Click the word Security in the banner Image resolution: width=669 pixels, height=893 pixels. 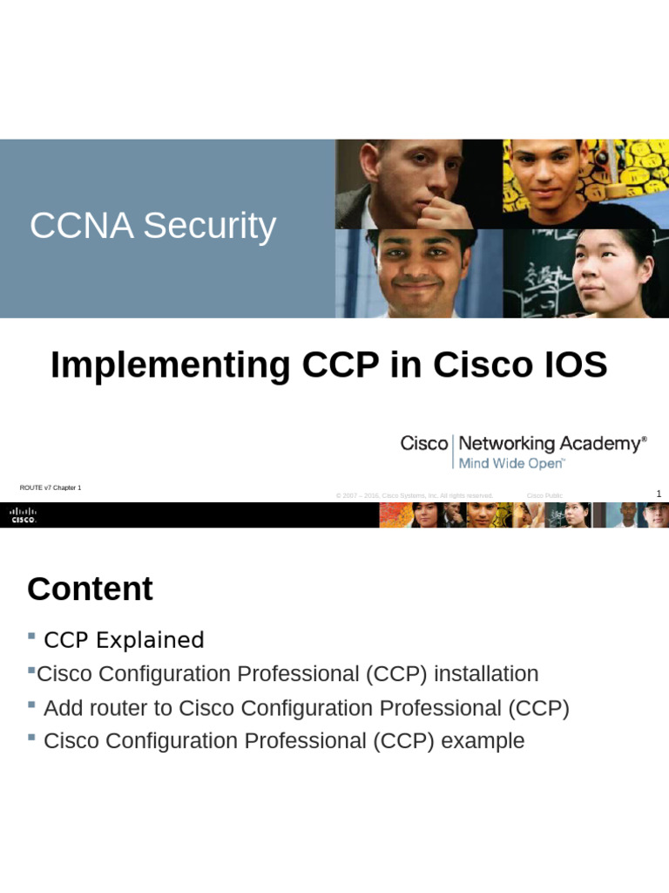pos(209,227)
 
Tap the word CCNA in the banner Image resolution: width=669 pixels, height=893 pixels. pos(82,227)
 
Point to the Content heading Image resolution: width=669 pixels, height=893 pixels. pos(90,590)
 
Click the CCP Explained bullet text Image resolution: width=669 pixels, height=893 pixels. pos(124,640)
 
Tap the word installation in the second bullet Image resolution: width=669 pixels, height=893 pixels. pos(486,674)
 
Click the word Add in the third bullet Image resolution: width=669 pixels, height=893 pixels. pos(62,708)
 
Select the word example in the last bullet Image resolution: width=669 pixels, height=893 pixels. pos(483,741)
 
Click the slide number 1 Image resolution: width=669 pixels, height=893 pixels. pos(659,494)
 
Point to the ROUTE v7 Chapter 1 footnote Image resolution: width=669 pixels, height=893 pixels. pos(51,488)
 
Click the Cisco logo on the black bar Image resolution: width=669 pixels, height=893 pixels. pos(24,515)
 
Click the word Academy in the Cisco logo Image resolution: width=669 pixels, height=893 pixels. pos(601,444)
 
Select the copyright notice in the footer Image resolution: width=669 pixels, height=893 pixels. pos(415,496)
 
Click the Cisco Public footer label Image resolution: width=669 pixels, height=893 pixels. pos(544,496)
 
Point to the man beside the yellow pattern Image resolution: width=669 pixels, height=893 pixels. pos(544,179)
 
